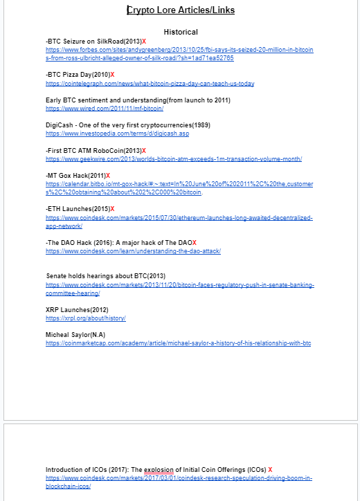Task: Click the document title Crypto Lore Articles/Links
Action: click(x=181, y=10)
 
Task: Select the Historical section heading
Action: click(x=181, y=32)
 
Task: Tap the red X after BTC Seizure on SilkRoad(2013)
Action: click(x=144, y=42)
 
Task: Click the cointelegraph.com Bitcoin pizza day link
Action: click(x=150, y=84)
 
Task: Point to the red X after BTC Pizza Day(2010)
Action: click(x=112, y=74)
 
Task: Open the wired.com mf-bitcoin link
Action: click(x=105, y=109)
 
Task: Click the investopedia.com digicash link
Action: click(x=117, y=134)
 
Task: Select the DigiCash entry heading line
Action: click(x=128, y=125)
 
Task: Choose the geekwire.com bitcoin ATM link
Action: click(x=174, y=159)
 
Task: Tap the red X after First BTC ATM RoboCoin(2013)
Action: click(x=143, y=150)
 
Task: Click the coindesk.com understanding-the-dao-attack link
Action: click(x=133, y=251)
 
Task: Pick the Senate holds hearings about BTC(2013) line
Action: click(x=106, y=276)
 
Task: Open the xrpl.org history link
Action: click(x=86, y=318)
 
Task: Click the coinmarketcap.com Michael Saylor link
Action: click(x=179, y=343)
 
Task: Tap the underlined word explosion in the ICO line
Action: click(x=159, y=469)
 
